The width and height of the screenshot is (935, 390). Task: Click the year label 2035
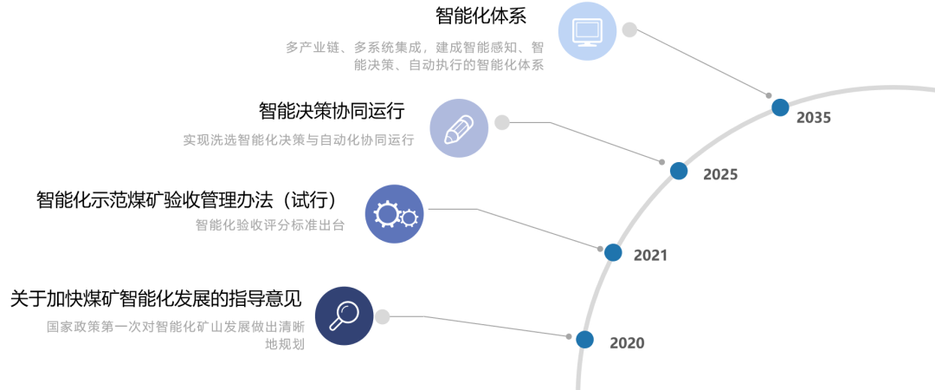813,118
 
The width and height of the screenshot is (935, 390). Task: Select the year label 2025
720,174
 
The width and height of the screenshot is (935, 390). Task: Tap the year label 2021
650,256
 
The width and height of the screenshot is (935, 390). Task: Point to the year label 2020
627,343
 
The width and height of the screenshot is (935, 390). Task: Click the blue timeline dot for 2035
780,107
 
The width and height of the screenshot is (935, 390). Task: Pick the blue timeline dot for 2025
679,171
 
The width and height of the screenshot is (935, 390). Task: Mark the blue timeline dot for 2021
613,252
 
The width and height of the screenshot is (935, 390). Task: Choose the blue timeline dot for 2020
585,340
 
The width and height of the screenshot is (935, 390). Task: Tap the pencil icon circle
458,128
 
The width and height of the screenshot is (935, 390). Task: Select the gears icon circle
394,213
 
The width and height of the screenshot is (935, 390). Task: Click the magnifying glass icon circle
344,315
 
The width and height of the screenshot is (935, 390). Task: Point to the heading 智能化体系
482,16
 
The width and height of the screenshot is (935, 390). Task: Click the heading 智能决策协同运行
332,111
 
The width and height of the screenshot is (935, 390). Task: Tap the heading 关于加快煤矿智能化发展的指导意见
156,299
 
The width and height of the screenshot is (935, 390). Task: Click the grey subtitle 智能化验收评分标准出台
270,225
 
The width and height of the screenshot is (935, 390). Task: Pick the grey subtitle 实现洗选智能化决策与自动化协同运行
299,140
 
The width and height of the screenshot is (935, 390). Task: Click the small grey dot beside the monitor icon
629,29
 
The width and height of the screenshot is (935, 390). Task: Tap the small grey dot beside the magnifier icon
383,316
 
